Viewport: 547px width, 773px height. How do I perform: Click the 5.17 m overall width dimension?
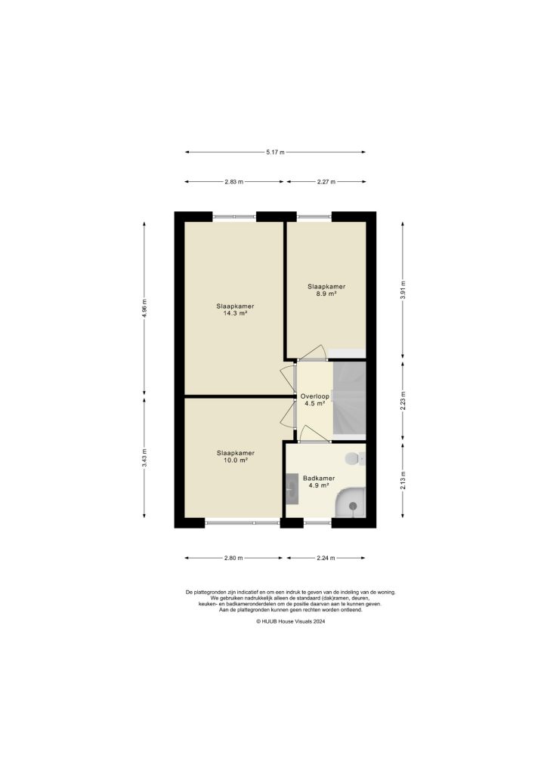(275, 152)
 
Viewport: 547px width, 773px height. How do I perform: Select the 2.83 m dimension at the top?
(233, 182)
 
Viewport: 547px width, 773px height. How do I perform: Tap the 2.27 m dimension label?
(326, 182)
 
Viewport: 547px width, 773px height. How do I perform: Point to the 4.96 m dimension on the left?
(144, 308)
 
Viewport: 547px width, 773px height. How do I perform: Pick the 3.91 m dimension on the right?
(403, 290)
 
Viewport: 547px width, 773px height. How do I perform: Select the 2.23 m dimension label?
(403, 400)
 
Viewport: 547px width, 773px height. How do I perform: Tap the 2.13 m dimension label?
(403, 480)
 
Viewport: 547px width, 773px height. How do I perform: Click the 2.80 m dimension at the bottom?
(233, 559)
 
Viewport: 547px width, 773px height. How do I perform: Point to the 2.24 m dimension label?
(326, 559)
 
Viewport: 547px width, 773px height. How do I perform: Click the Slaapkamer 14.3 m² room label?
(235, 310)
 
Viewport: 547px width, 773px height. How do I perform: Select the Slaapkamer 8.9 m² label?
(326, 290)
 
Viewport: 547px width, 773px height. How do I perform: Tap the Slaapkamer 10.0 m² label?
(235, 456)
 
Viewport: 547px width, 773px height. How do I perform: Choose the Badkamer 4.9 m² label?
(318, 482)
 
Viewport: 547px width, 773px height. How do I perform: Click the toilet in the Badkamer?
(354, 458)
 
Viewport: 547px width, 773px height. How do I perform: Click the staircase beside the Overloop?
(349, 400)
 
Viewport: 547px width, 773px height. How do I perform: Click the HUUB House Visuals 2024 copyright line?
(290, 621)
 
